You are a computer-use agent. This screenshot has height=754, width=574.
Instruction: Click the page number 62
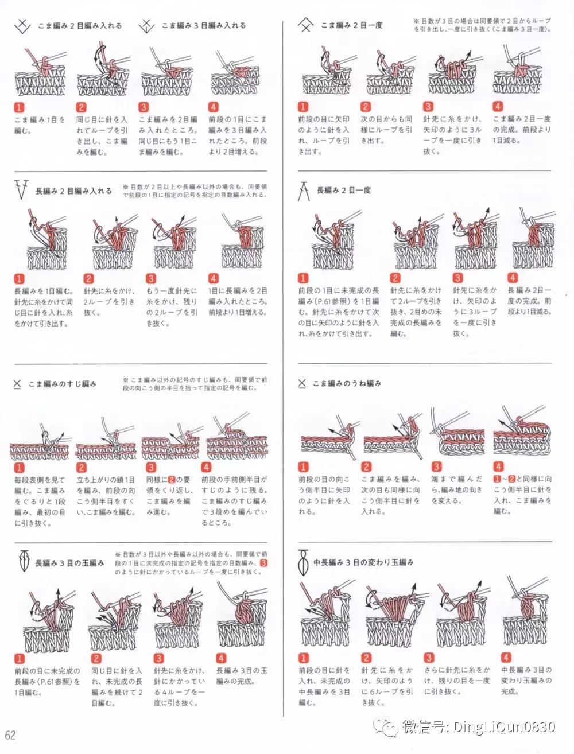10,736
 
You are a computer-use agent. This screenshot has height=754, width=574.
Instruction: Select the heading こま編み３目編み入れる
204,25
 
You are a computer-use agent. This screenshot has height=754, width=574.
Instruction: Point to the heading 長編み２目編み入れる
73,191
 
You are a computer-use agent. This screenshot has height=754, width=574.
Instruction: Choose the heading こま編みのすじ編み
63,383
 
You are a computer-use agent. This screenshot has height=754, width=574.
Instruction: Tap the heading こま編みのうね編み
347,383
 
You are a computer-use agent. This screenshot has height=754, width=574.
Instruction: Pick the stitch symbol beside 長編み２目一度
303,191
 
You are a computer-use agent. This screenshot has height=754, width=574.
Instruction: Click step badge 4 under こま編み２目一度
498,107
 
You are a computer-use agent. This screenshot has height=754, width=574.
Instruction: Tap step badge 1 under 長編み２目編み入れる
19,279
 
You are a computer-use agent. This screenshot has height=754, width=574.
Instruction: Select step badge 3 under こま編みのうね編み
436,467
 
